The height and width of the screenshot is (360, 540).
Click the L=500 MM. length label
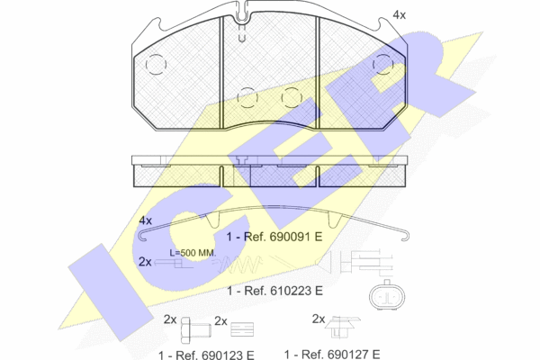(x=193, y=253)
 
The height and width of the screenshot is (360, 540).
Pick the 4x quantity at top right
(x=399, y=15)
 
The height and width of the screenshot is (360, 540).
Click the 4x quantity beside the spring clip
(x=145, y=220)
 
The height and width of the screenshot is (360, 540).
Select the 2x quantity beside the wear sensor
(x=145, y=262)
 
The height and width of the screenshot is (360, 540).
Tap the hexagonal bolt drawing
(x=195, y=329)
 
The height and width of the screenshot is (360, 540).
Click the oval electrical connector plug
(x=387, y=295)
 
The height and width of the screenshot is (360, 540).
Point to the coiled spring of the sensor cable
(x=241, y=265)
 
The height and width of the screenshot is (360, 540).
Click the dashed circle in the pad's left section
(x=156, y=65)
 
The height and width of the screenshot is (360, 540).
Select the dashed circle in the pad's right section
(x=383, y=65)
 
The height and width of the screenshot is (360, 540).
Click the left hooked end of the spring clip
(x=143, y=236)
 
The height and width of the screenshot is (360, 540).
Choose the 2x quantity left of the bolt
(x=170, y=320)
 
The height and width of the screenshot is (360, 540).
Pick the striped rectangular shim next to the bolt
(x=242, y=329)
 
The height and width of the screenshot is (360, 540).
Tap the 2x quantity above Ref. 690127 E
(x=319, y=319)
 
